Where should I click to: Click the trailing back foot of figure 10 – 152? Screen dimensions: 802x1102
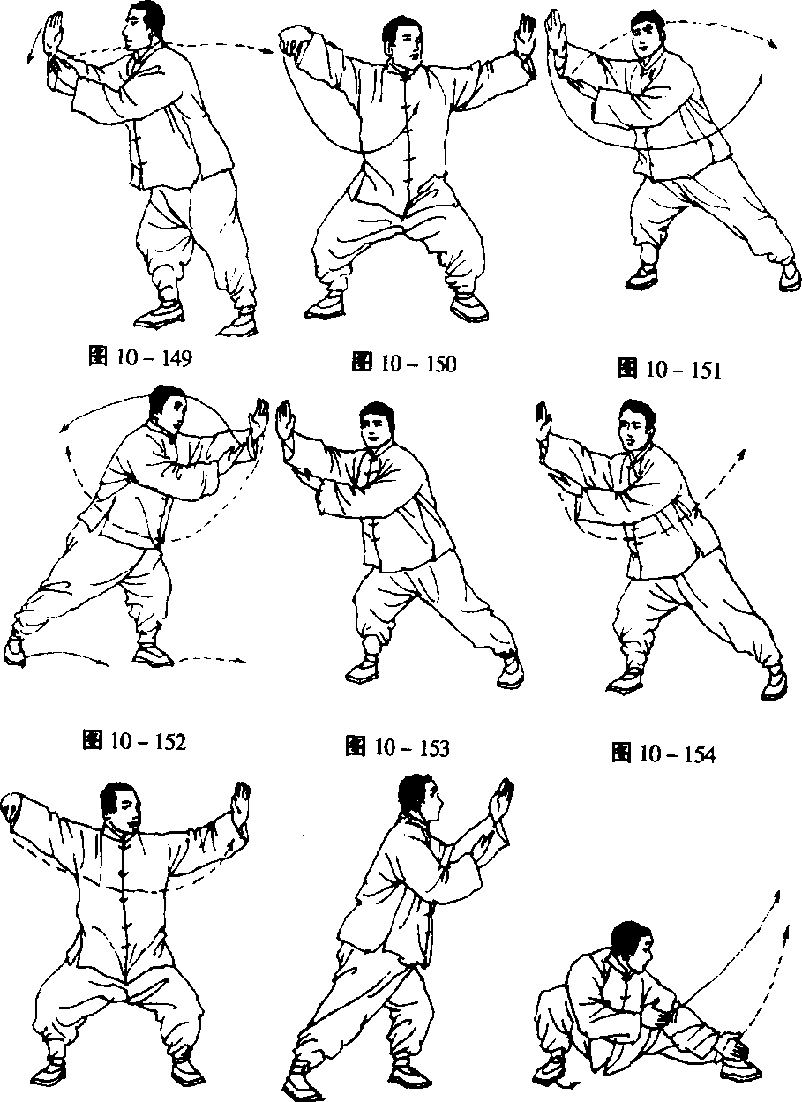(x=13, y=650)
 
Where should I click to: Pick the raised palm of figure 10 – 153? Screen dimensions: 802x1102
(x=285, y=423)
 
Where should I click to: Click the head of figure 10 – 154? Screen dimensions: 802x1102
(x=638, y=424)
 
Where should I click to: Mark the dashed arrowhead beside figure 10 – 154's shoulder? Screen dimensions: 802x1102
(x=741, y=454)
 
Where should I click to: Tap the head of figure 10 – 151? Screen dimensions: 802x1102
(x=647, y=34)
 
